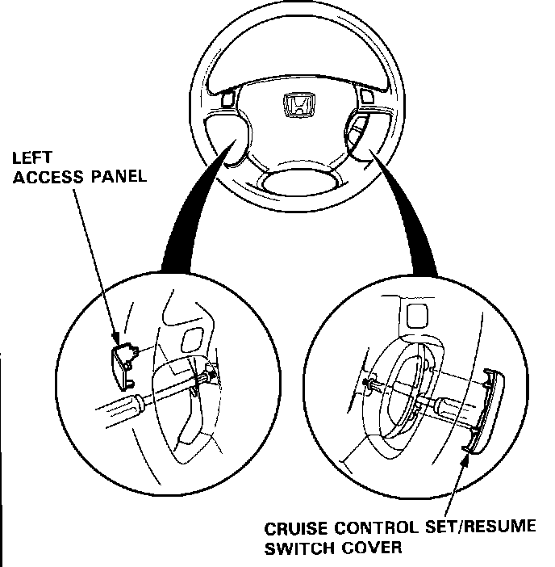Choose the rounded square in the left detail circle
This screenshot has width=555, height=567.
194,339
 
